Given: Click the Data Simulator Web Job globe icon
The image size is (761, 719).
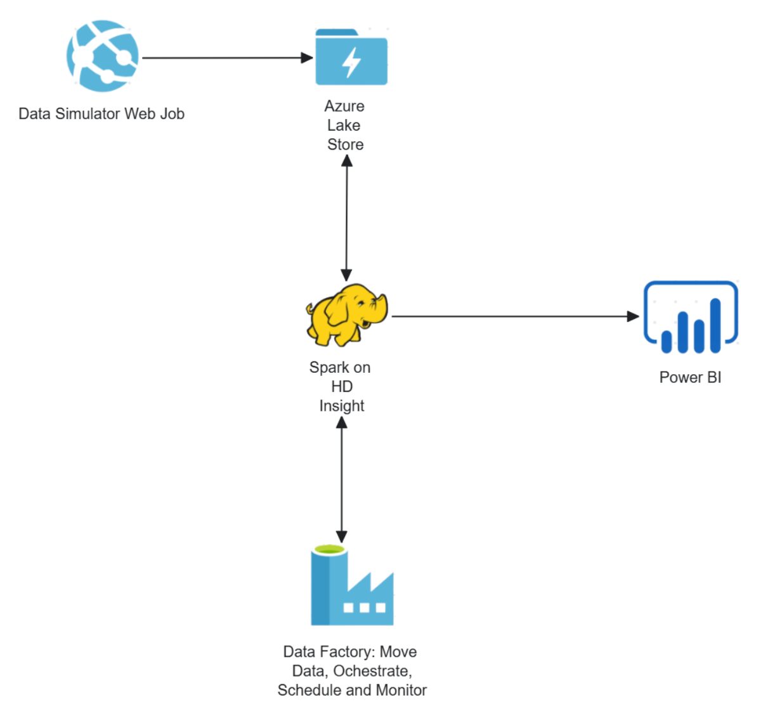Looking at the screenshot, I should pos(102,56).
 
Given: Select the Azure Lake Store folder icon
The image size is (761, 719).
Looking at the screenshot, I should pos(351,58).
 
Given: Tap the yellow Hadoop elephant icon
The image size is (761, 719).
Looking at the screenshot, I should pos(346,315).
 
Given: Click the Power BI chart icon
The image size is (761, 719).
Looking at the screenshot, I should pos(691,316).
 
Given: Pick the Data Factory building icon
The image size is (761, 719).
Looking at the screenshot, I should pos(352,586).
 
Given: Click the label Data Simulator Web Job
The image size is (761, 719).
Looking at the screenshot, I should pos(101,114).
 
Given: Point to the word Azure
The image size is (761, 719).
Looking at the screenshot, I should pos(344,106).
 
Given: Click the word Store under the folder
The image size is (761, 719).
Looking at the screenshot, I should pos(345,145).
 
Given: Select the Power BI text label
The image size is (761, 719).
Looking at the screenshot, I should pos(690,377).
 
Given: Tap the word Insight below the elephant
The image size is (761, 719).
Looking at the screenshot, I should pos(341,406).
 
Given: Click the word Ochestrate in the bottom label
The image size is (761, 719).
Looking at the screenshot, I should pos(372,671).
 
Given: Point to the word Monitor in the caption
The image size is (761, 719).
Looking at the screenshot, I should pos(401,690).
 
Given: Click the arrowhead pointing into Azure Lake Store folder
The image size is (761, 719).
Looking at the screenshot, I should pos(308,58).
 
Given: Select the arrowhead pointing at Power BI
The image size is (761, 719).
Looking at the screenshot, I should pos(633,316).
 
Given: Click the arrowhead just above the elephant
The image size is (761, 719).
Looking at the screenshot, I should pos(346,275).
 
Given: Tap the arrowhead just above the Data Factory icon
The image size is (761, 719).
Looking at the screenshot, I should pos(341,536).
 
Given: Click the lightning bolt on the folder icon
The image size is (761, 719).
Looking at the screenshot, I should pos(351,62).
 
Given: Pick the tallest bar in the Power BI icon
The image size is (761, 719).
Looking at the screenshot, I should pos(715,325).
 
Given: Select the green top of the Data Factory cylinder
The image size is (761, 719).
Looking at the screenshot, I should pos(329,550).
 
